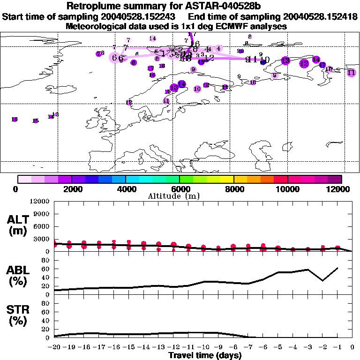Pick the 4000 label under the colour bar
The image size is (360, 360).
[126, 189]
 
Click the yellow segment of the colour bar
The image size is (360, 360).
[227, 179]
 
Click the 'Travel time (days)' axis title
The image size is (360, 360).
[205, 356]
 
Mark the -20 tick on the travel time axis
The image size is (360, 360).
[54, 348]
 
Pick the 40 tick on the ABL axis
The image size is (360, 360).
[46, 277]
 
